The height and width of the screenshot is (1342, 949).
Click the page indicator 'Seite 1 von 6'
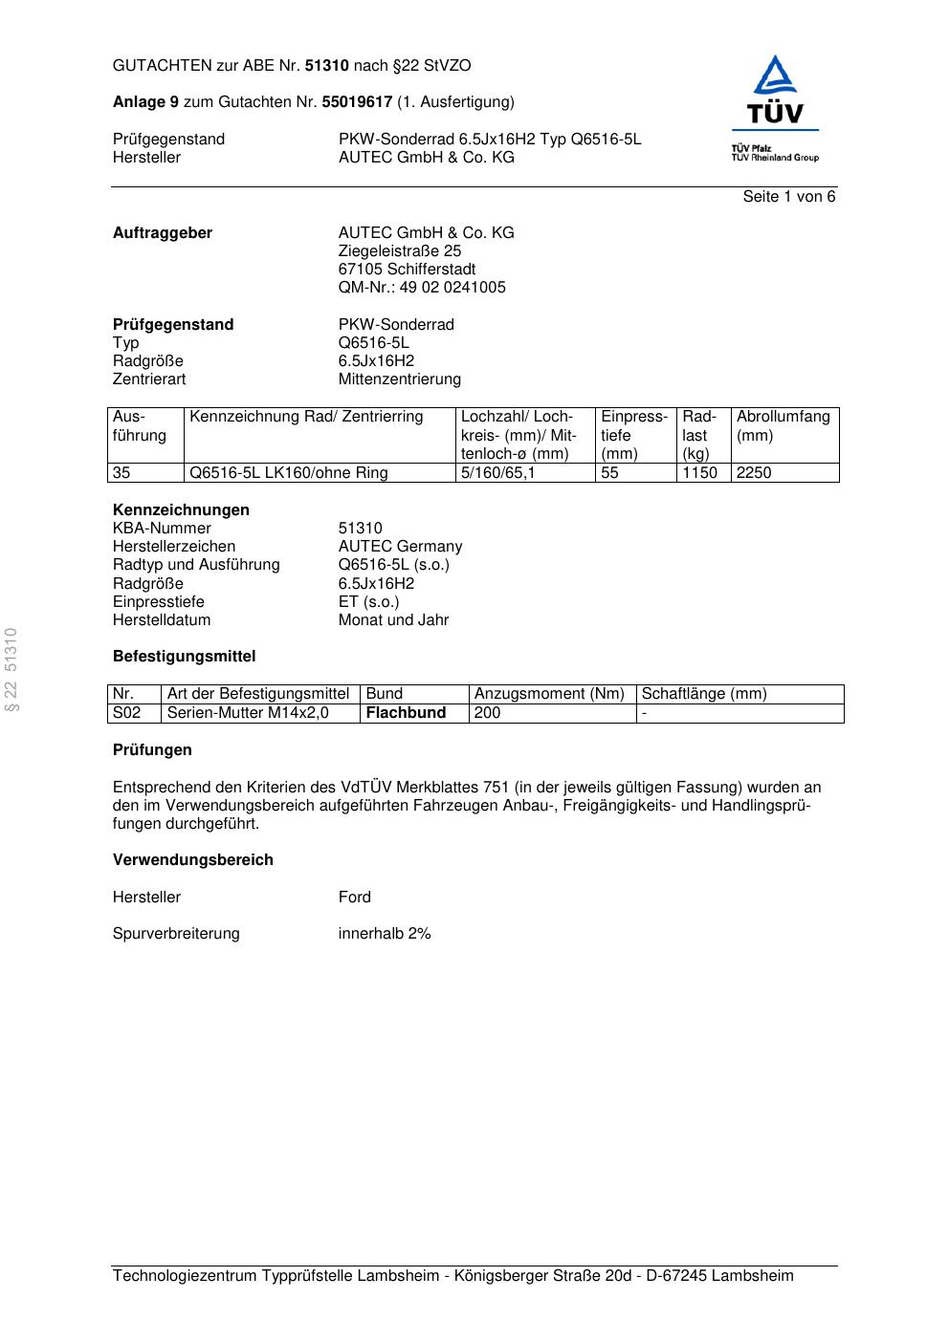coord(788,197)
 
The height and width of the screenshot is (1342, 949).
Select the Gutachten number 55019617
coord(357,102)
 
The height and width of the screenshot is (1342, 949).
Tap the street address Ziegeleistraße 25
coord(399,251)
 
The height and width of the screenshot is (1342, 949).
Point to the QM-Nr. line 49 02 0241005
coord(422,288)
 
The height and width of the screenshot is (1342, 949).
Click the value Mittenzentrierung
coord(399,379)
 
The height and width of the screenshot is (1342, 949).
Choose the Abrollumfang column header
coord(783,417)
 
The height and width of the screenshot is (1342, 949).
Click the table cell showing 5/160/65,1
coord(497,473)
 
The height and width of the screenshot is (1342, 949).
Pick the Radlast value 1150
coord(699,473)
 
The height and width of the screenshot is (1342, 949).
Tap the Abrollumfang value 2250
coord(754,473)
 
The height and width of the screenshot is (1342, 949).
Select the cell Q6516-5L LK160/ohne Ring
coord(289,473)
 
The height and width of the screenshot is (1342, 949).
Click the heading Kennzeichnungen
coord(181,510)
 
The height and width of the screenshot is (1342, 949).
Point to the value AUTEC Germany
coord(400,547)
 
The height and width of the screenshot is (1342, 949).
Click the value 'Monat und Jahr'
coord(393,620)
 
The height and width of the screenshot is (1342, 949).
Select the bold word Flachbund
coord(406,713)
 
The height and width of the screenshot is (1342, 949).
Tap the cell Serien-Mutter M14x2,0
coord(248,713)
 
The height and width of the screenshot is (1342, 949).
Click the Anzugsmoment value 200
coord(487,713)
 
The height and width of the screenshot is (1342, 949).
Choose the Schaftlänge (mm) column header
coord(704,694)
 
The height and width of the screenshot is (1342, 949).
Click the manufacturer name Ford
coord(354,898)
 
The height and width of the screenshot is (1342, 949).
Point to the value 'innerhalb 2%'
coord(385,934)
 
